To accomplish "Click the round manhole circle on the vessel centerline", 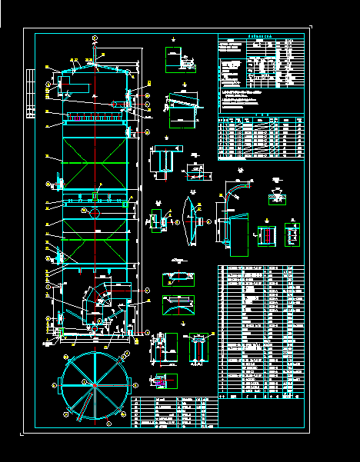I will click(94, 213).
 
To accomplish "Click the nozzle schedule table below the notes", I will click(260, 138).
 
